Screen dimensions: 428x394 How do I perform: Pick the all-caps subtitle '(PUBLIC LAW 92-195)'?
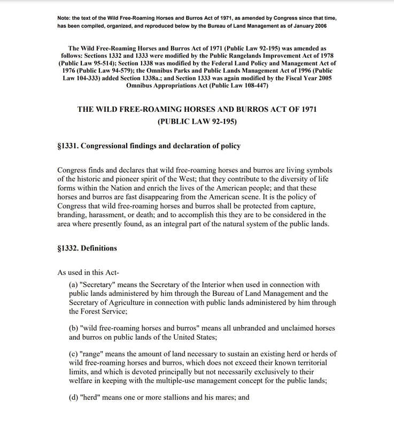point(197,121)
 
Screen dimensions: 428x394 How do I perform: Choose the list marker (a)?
point(74,285)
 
